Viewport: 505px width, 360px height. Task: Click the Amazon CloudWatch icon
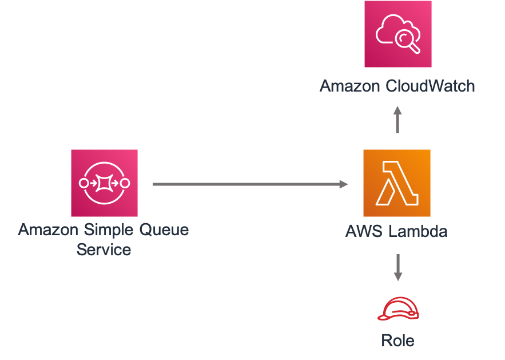point(397,34)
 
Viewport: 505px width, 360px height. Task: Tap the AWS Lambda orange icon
point(396,183)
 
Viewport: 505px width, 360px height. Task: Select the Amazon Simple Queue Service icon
point(104,183)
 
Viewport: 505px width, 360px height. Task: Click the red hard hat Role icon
point(398,309)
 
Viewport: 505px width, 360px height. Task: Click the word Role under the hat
point(397,341)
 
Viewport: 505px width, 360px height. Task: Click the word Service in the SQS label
point(104,250)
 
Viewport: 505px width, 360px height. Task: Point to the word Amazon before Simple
point(48,230)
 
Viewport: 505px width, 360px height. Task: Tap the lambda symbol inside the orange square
point(396,184)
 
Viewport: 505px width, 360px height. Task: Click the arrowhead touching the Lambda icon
point(344,184)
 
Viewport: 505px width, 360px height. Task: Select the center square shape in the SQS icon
point(104,184)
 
